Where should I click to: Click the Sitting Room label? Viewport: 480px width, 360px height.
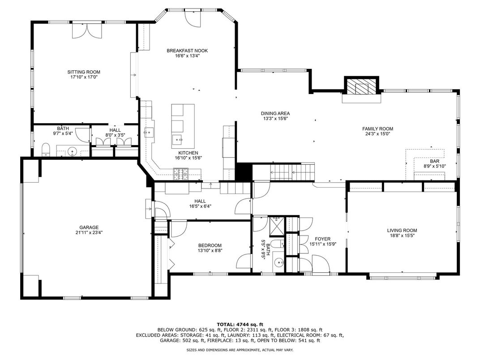click(x=84, y=72)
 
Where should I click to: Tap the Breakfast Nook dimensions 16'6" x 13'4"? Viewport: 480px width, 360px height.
click(x=187, y=56)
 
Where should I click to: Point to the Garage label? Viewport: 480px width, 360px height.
click(x=89, y=227)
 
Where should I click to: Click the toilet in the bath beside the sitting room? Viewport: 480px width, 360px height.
click(x=45, y=150)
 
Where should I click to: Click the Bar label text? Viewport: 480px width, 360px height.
click(x=434, y=161)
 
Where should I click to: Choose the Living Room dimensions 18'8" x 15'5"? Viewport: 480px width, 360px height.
click(x=402, y=236)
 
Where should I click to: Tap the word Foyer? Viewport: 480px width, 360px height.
click(x=323, y=239)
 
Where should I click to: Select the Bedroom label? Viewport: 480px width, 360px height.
click(x=210, y=245)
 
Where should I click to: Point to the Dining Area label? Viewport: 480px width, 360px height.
click(x=275, y=113)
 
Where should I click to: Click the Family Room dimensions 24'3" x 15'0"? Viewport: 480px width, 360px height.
click(x=377, y=134)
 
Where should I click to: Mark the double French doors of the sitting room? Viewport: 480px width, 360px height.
click(x=86, y=30)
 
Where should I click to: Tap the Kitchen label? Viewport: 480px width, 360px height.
click(x=188, y=153)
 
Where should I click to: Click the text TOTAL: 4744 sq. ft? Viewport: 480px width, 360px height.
click(x=240, y=325)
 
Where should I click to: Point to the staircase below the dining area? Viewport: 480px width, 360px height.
click(x=292, y=172)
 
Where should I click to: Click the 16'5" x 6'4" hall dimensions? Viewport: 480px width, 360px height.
click(x=200, y=206)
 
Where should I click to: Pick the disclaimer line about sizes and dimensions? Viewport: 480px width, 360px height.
click(x=240, y=350)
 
